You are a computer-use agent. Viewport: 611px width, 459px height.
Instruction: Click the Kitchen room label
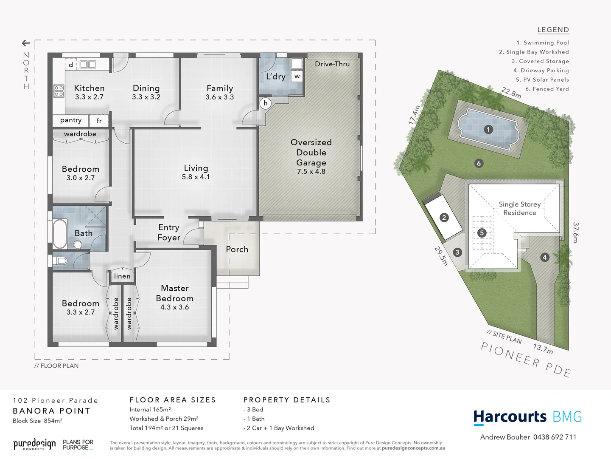click(x=89, y=88)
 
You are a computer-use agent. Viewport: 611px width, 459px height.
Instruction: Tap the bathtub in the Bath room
click(x=60, y=233)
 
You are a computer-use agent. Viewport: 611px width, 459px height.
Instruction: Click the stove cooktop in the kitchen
click(x=59, y=91)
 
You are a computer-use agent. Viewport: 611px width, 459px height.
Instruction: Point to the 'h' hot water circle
click(x=266, y=103)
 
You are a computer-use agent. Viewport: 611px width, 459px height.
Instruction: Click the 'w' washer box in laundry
click(x=297, y=76)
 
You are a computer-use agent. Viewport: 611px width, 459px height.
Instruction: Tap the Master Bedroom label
click(x=174, y=293)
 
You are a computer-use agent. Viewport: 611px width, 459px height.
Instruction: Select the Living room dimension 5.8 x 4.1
click(x=196, y=177)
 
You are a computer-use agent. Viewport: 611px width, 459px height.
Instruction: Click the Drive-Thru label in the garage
click(x=332, y=64)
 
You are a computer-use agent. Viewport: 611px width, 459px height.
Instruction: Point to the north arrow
click(x=26, y=43)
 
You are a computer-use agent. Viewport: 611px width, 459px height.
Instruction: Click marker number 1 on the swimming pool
click(x=488, y=129)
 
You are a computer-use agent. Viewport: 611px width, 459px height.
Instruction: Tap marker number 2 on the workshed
click(x=444, y=218)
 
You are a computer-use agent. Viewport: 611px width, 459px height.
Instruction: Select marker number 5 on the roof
click(x=482, y=233)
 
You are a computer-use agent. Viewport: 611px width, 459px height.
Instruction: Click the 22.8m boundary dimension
click(x=511, y=93)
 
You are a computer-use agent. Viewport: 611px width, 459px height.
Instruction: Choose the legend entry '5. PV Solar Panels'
click(x=542, y=79)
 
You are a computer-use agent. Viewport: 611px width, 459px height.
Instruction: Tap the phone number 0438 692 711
click(x=555, y=437)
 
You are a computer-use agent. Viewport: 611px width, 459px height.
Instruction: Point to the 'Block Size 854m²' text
click(x=38, y=421)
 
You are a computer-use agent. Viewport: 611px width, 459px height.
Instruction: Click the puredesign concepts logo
click(x=34, y=445)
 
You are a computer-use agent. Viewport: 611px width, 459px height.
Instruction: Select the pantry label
click(x=70, y=120)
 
